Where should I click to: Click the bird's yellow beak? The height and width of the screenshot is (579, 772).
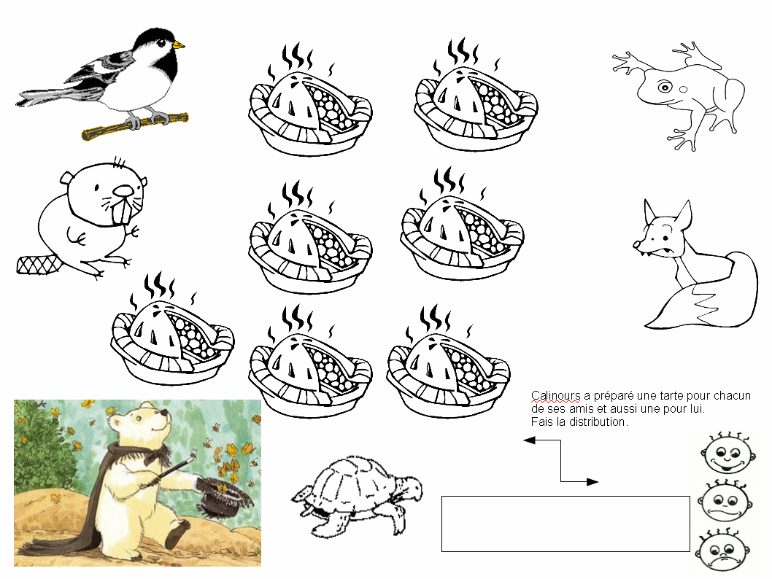pos(179,45)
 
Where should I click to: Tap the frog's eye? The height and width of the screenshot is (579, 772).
pos(665,88)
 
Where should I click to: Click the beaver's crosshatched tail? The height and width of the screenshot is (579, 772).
pos(39,265)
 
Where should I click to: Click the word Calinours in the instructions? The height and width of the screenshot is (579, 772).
pos(555,395)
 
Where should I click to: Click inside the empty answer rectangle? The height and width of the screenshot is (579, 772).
pos(566,524)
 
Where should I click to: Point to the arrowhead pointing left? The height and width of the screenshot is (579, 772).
pos(529,440)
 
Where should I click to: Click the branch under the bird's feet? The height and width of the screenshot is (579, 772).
pos(135,126)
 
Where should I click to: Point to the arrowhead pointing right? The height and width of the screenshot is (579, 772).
pos(592,481)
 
